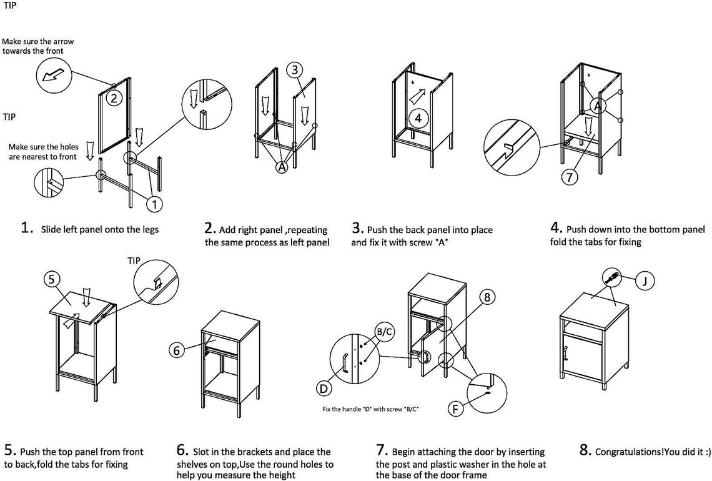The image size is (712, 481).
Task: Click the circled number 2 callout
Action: [113, 98]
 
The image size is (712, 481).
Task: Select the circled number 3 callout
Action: [295, 71]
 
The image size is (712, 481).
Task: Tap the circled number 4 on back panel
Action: [418, 117]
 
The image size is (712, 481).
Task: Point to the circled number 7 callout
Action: [570, 177]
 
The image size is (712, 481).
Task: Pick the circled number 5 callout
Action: [52, 279]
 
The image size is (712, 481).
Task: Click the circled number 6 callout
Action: [178, 350]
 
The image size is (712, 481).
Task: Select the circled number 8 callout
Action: [487, 297]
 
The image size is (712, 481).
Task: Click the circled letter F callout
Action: [456, 409]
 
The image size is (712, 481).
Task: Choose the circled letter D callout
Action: [324, 389]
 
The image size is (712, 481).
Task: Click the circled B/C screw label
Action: [382, 331]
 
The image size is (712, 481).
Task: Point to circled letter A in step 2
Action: [282, 167]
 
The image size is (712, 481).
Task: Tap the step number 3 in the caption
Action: [357, 229]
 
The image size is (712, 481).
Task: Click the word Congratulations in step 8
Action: [630, 452]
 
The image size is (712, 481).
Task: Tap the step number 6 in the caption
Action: [182, 450]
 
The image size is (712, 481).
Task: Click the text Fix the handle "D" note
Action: [370, 409]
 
